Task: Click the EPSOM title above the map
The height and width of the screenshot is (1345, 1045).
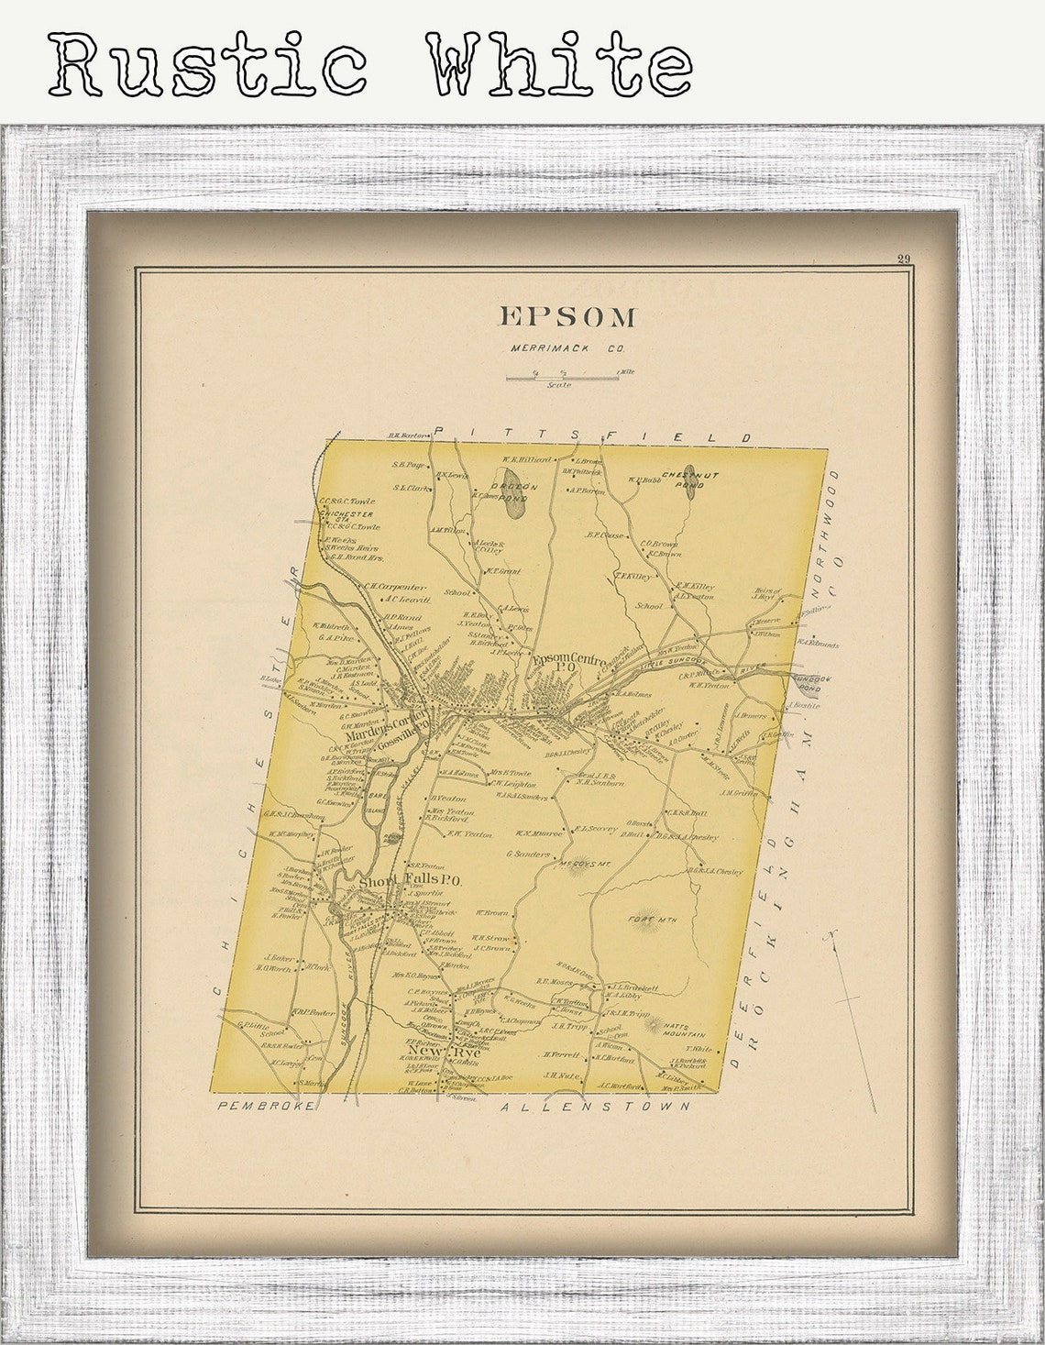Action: [567, 317]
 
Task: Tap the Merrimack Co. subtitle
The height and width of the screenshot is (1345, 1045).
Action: [567, 348]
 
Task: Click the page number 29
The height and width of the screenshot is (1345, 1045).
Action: [904, 259]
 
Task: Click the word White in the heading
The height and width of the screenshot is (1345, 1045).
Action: [558, 64]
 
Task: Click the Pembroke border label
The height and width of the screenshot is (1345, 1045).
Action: [266, 1107]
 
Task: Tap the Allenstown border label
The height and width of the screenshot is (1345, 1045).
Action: [596, 1107]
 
